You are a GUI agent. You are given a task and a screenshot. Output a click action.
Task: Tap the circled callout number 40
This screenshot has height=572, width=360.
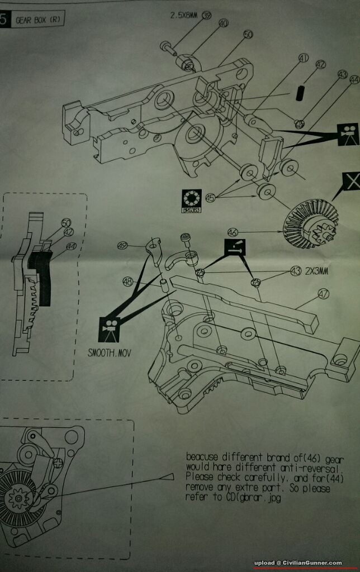pyautogui.click(x=223, y=23)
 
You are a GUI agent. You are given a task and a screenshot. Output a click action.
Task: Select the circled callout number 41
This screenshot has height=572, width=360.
pyautogui.click(x=304, y=58)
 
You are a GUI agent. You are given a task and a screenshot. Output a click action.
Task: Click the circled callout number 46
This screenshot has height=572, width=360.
pyautogui.click(x=233, y=231)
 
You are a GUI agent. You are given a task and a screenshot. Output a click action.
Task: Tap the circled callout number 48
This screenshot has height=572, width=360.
pyautogui.click(x=127, y=282)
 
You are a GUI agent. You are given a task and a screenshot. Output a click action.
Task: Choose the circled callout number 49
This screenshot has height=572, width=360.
pyautogui.click(x=122, y=245)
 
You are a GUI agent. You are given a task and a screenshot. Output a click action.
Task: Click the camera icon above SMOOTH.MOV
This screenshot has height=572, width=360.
pyautogui.click(x=108, y=330)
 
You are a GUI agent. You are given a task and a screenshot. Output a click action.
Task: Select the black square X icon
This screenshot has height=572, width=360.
pyautogui.click(x=350, y=183)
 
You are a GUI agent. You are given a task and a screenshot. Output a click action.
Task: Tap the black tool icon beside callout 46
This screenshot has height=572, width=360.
pyautogui.click(x=235, y=247)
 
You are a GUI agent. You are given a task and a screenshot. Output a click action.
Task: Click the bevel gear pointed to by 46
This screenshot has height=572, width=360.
pyautogui.click(x=311, y=225)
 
